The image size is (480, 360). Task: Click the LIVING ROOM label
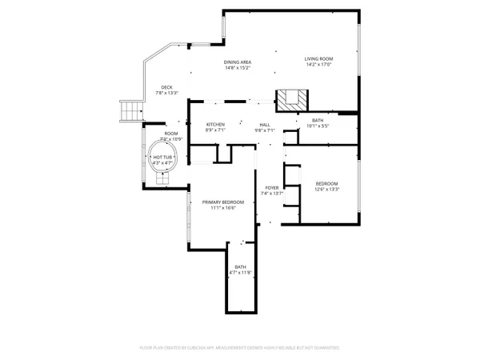[x=318, y=59]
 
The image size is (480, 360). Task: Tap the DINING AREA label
[x=237, y=62]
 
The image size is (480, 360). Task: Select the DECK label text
[x=166, y=87]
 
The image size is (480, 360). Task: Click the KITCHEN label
[x=215, y=124]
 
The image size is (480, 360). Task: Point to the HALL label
[x=265, y=124]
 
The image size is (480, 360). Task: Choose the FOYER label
[x=273, y=188]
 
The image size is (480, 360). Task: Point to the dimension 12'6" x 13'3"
[x=326, y=189]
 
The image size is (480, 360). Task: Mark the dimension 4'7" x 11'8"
[x=241, y=273]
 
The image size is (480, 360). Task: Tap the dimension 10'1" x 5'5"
[x=312, y=126]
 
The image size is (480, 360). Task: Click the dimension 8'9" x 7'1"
[x=215, y=130]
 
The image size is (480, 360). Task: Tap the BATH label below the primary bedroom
[x=241, y=267]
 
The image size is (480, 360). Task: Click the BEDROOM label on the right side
[x=326, y=183]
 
